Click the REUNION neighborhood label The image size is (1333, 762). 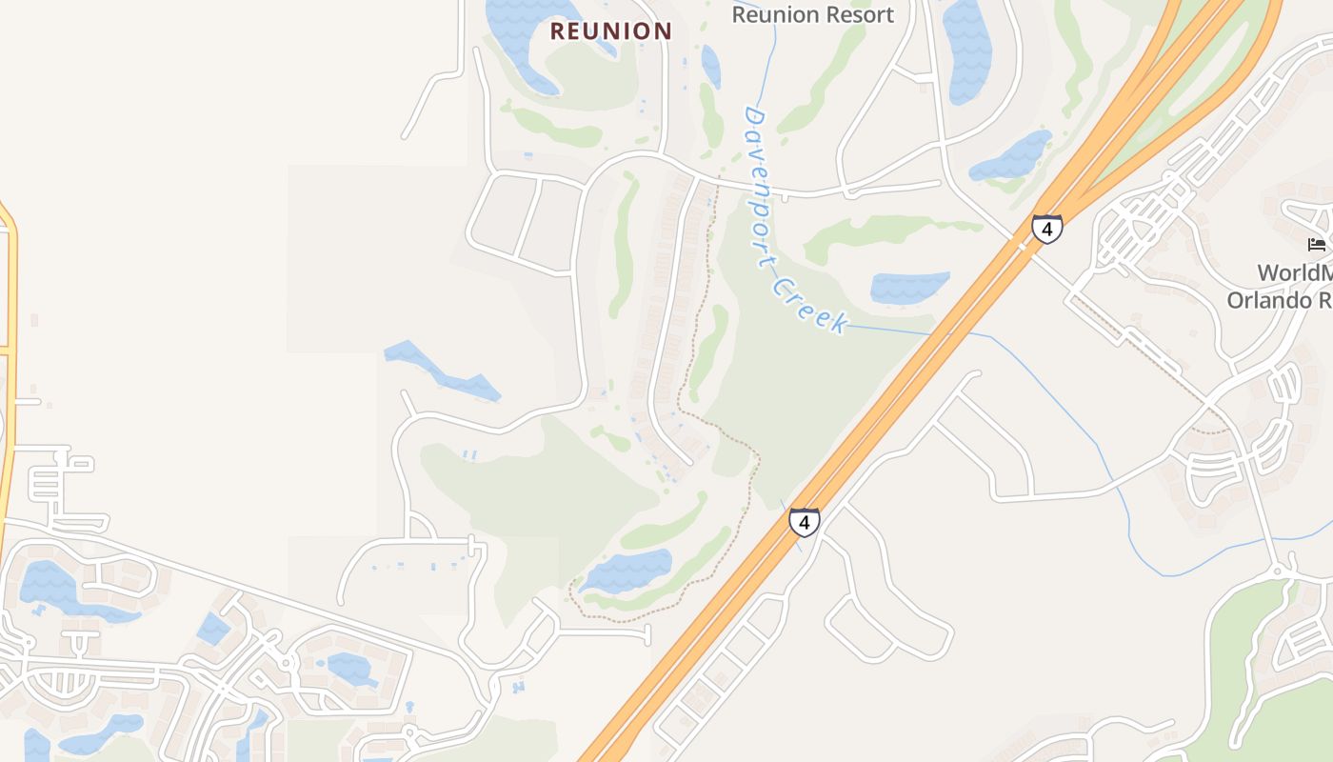(611, 31)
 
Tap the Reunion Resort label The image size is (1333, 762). (812, 14)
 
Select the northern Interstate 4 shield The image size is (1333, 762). (1046, 230)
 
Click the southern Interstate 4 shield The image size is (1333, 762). (805, 522)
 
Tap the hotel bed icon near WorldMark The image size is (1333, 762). (1317, 245)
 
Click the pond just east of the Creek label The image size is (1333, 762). (909, 287)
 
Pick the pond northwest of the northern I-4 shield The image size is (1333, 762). (1012, 156)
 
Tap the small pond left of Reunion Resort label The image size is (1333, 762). (710, 66)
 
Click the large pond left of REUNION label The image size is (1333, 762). (524, 38)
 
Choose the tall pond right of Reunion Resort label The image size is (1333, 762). (966, 48)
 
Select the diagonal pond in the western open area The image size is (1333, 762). (442, 371)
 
